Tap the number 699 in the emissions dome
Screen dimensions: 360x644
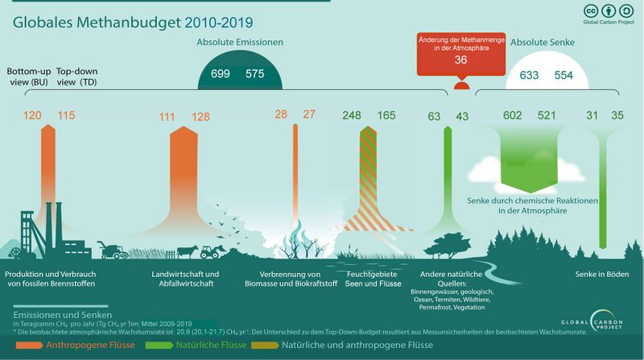[x=221, y=74]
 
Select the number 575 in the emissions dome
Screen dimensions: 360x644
[x=255, y=74]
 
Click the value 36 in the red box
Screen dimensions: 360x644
[x=460, y=60]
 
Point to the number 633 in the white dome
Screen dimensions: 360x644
[x=529, y=75]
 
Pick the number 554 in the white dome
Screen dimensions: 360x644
[x=564, y=75]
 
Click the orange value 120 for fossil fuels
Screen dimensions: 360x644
[x=32, y=116]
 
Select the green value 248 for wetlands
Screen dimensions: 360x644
[x=352, y=116]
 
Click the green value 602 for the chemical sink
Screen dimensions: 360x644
[x=512, y=116]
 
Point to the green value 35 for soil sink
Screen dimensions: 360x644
[x=617, y=116]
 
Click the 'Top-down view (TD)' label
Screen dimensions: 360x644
[x=77, y=76]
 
